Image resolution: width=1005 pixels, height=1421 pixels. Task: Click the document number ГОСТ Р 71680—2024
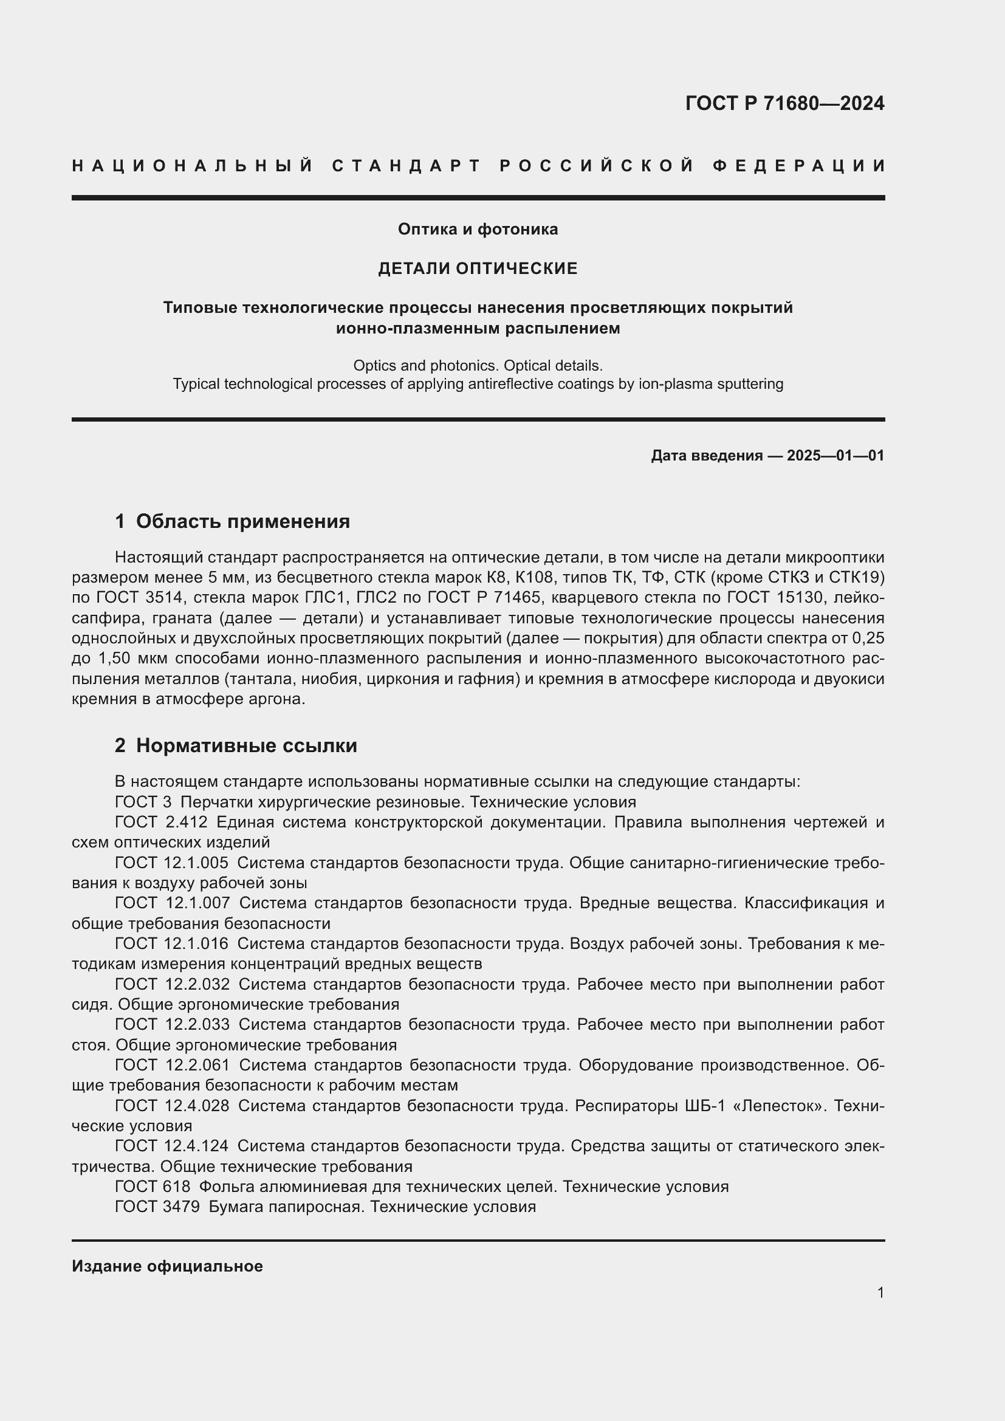[x=784, y=103]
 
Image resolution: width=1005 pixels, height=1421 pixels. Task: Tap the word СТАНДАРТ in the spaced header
[x=406, y=166]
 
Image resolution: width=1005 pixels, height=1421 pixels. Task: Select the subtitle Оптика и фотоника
[x=478, y=229]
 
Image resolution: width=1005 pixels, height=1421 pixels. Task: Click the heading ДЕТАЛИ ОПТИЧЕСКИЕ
[x=478, y=268]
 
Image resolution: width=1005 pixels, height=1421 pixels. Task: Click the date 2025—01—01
[x=835, y=456]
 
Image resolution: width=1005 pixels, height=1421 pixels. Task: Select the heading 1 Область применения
[x=232, y=521]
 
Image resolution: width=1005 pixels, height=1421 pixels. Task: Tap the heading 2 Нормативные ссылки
[x=236, y=745]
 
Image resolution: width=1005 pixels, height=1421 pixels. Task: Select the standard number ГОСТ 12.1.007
[x=172, y=903]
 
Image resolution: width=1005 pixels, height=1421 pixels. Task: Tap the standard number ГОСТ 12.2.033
[x=172, y=1024]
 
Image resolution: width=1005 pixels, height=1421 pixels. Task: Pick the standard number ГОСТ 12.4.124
[x=171, y=1146]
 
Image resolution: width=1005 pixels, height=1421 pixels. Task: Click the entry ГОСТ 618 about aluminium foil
[x=153, y=1186]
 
